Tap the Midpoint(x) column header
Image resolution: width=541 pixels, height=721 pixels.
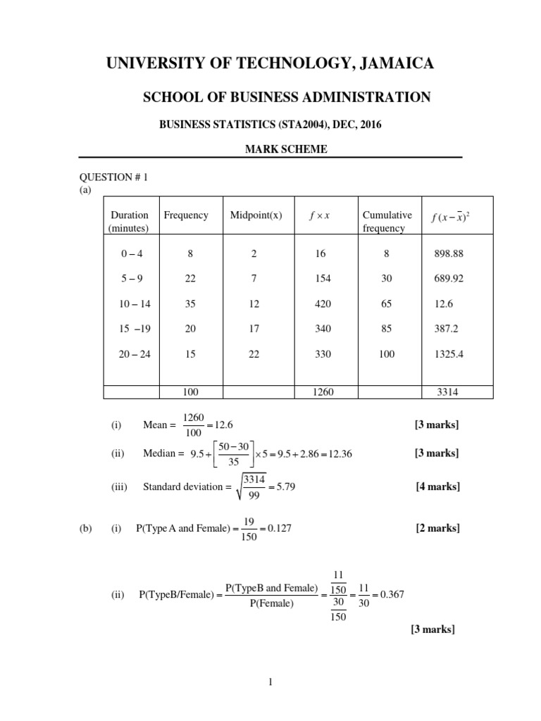point(256,215)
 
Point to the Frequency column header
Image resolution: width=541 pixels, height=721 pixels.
point(186,215)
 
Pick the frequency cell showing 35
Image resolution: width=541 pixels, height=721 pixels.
point(190,304)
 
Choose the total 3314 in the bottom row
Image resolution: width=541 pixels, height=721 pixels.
point(442,392)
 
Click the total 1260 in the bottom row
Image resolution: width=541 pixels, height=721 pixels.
point(323,392)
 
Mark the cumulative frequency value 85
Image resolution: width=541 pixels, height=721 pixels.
point(387,330)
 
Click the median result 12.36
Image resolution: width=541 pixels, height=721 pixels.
point(337,454)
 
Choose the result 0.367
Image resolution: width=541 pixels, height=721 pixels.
point(390,595)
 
